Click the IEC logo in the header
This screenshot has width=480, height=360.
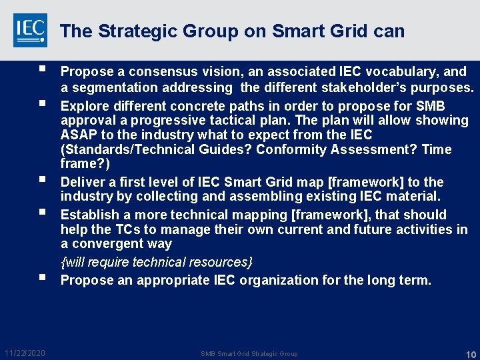click(x=30, y=30)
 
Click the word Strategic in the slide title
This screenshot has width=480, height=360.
click(x=131, y=31)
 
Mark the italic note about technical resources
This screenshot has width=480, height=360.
click(x=156, y=262)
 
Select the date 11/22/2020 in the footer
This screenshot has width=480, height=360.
click(x=25, y=353)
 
